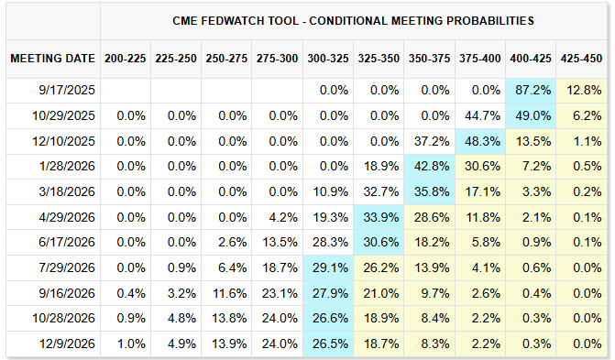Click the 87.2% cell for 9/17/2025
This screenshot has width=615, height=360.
tap(531, 91)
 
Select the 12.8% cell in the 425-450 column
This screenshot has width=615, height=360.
tap(581, 91)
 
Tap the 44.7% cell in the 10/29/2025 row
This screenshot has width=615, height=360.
tap(480, 116)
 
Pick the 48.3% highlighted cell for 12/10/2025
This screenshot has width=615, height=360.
tap(480, 141)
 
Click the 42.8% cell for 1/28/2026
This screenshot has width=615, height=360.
tap(430, 167)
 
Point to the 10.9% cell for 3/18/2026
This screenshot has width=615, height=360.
tap(328, 192)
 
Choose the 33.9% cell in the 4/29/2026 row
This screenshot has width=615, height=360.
tap(379, 217)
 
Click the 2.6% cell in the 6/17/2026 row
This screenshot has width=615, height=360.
tap(226, 243)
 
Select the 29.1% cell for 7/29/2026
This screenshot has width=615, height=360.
tap(328, 267)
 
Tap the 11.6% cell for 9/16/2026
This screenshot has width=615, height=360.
tap(226, 293)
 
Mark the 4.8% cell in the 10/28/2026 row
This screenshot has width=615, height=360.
tap(176, 319)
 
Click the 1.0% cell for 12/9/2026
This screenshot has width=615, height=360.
tap(126, 344)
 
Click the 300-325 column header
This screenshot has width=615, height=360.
tap(328, 59)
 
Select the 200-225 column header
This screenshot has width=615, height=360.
tap(126, 59)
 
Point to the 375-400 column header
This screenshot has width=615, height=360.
tap(480, 59)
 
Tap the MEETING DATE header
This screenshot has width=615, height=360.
tap(52, 59)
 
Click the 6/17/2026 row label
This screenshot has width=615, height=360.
tap(67, 243)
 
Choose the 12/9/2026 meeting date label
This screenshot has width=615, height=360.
tap(67, 344)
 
